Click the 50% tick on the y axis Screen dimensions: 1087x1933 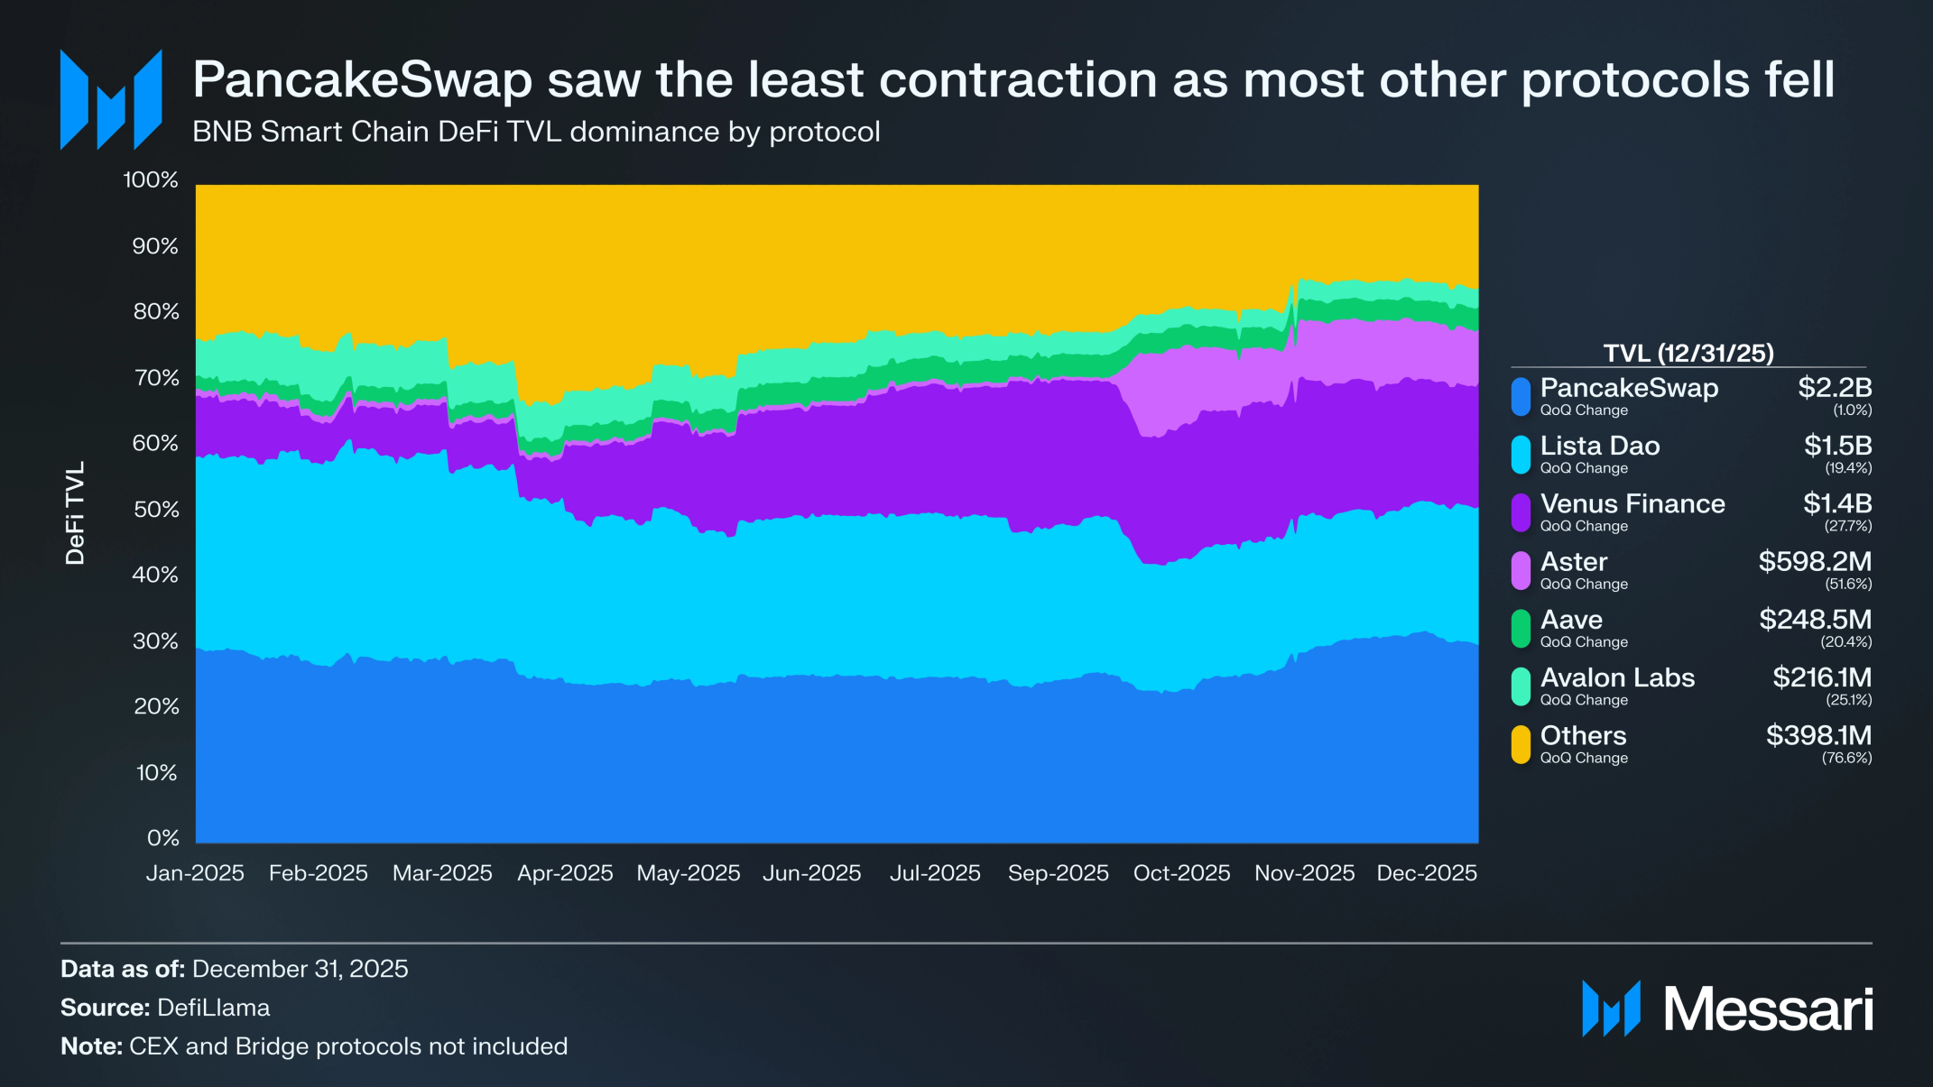click(156, 510)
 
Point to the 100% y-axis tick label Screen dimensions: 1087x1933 click(151, 180)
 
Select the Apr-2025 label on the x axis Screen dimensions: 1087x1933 click(565, 873)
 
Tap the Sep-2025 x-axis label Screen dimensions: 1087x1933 click(1058, 873)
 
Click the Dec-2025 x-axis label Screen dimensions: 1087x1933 click(1426, 873)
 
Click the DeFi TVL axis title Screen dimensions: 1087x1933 click(75, 512)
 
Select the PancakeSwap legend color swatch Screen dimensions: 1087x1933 click(1521, 397)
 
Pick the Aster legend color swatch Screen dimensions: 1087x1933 click(1521, 571)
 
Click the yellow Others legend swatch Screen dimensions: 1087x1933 click(1521, 745)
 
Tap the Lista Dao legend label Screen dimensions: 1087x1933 click(1599, 446)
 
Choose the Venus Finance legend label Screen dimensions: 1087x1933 click(1632, 503)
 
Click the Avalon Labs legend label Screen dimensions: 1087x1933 click(1617, 677)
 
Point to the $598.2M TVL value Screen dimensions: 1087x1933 click(1814, 562)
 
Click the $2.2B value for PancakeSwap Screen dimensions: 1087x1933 click(1834, 388)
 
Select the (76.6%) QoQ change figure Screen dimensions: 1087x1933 click(1846, 759)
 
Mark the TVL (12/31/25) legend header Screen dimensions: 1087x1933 click(1688, 353)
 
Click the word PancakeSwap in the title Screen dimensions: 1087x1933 click(362, 80)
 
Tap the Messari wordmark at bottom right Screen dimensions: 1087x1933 click(1767, 1009)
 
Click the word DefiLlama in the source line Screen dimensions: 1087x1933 click(213, 1008)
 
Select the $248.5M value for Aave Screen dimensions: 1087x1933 click(1815, 620)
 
